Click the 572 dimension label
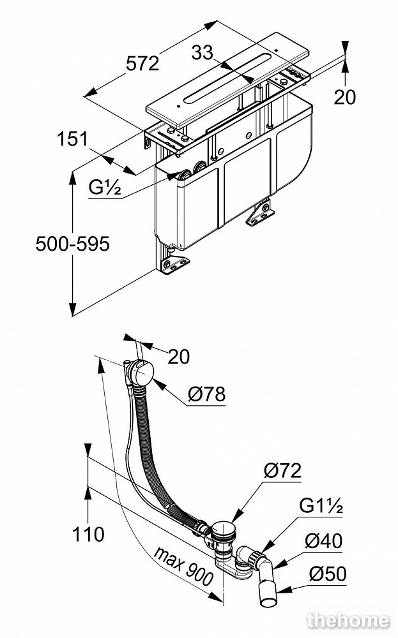(142, 64)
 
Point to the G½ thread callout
(105, 188)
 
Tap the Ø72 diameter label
(282, 471)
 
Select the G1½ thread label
(321, 508)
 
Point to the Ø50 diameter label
(327, 574)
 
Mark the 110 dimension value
(88, 533)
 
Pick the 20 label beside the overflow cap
(179, 357)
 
